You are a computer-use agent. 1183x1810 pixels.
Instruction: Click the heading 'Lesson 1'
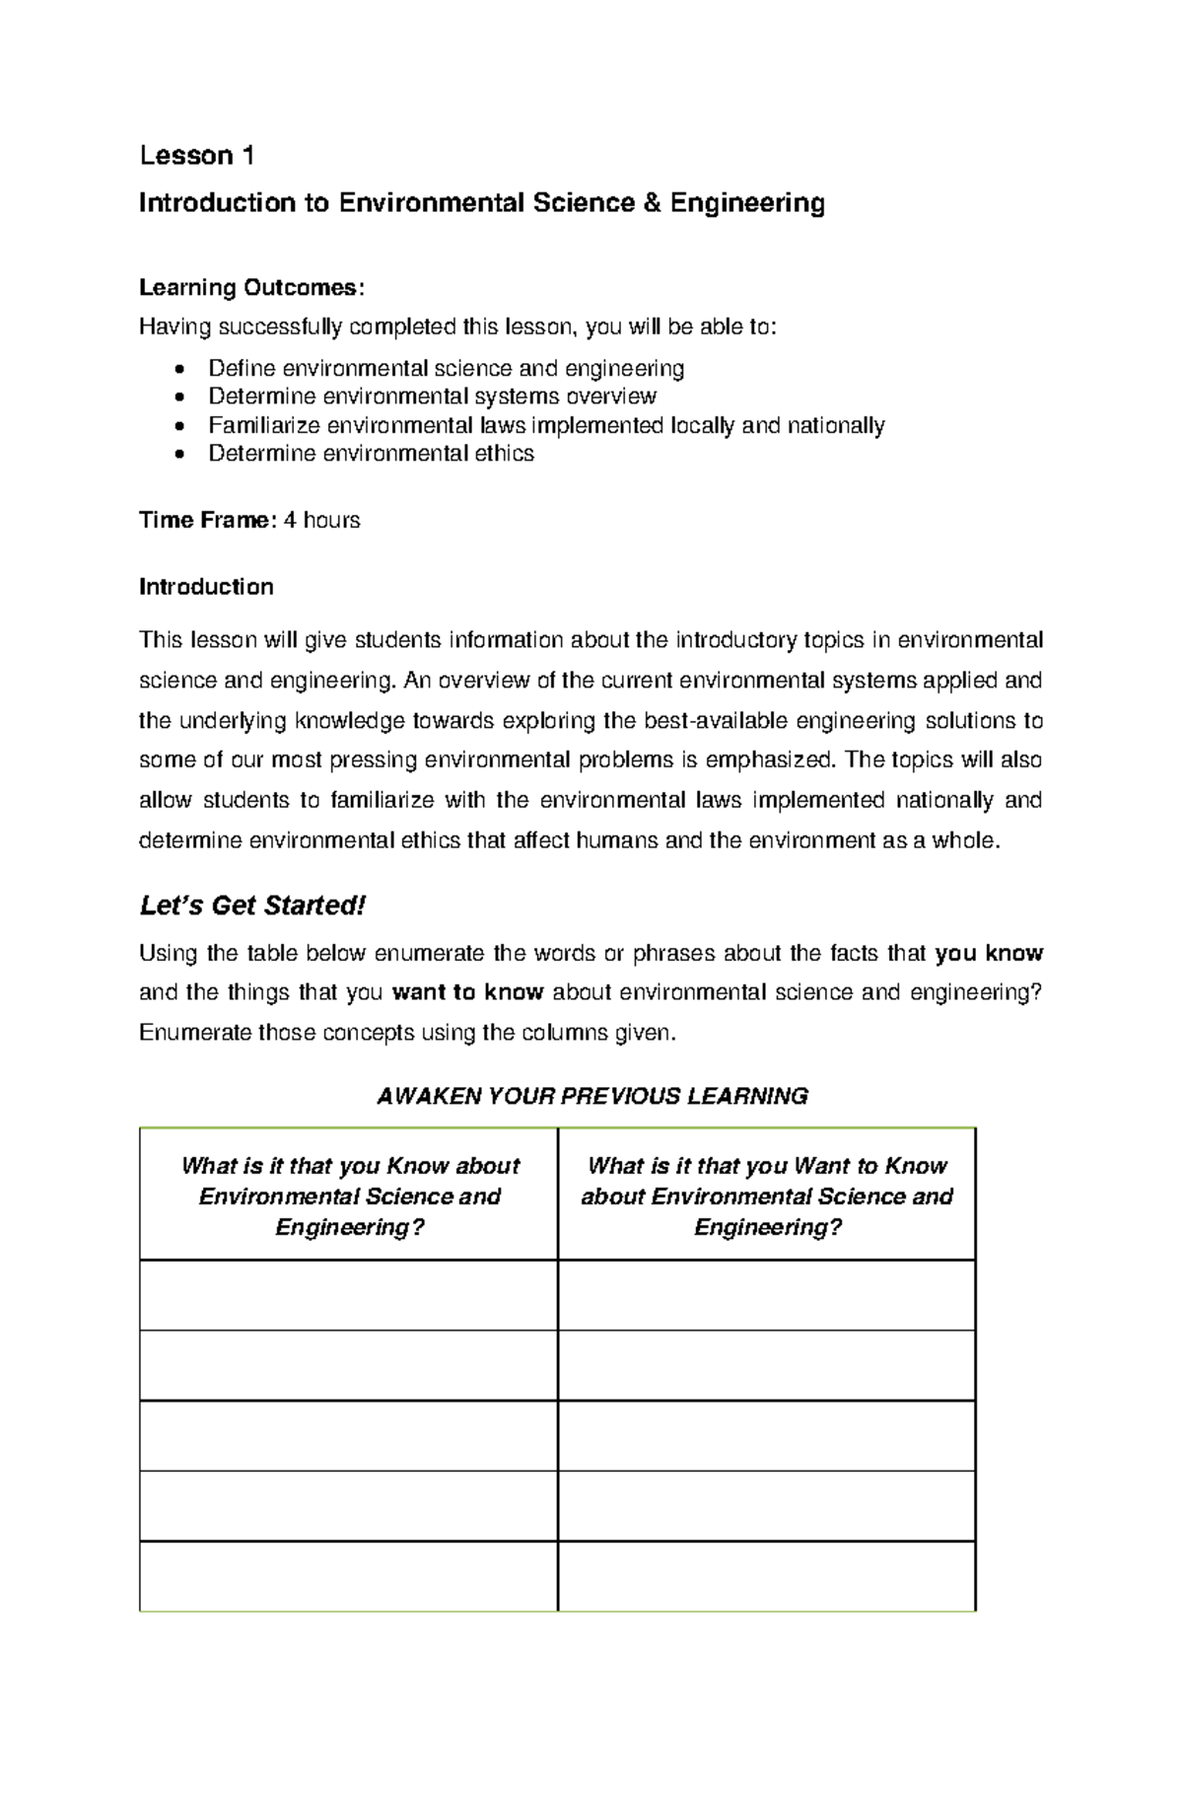[197, 156]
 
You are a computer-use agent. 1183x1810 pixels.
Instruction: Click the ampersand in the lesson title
[650, 203]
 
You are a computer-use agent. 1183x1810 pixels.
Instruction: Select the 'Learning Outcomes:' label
[251, 288]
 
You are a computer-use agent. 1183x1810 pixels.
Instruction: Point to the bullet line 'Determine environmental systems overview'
[432, 397]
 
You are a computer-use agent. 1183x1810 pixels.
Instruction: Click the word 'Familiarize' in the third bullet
[263, 426]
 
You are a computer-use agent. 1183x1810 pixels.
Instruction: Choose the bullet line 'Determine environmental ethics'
[371, 454]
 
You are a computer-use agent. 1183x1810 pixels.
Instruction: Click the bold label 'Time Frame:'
[207, 520]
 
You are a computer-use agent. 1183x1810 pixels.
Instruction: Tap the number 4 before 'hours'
[290, 520]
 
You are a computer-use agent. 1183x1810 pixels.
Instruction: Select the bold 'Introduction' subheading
[206, 587]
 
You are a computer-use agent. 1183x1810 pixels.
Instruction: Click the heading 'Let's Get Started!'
[252, 905]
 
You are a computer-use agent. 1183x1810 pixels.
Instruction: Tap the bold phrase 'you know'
[989, 953]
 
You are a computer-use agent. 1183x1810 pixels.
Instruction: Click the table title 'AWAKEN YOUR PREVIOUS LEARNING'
[592, 1096]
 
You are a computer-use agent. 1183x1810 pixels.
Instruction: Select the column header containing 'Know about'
[349, 1195]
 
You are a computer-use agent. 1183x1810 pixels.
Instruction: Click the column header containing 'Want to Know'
[767, 1195]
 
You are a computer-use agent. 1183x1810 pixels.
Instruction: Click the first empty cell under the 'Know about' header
[349, 1295]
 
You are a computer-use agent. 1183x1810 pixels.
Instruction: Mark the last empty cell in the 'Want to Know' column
[767, 1576]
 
